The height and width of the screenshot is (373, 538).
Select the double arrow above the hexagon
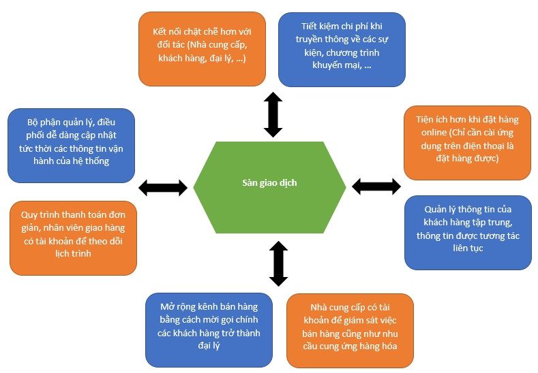click(x=273, y=115)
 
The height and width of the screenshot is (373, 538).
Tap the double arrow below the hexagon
click(x=278, y=263)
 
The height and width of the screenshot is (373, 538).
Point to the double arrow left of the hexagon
click(x=163, y=188)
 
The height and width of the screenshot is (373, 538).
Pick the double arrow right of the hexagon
click(x=376, y=186)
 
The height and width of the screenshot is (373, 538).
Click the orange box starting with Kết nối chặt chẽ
click(x=201, y=49)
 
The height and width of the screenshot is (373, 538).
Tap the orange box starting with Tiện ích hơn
click(x=467, y=142)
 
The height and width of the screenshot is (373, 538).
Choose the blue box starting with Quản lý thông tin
click(x=468, y=233)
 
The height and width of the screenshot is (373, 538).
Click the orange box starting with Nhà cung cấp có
click(x=350, y=330)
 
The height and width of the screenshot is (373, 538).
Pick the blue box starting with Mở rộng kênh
click(x=209, y=329)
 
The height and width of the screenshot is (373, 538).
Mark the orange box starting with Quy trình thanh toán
click(x=73, y=238)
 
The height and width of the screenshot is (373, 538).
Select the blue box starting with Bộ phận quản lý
click(x=71, y=145)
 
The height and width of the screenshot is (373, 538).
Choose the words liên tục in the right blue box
click(x=467, y=248)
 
